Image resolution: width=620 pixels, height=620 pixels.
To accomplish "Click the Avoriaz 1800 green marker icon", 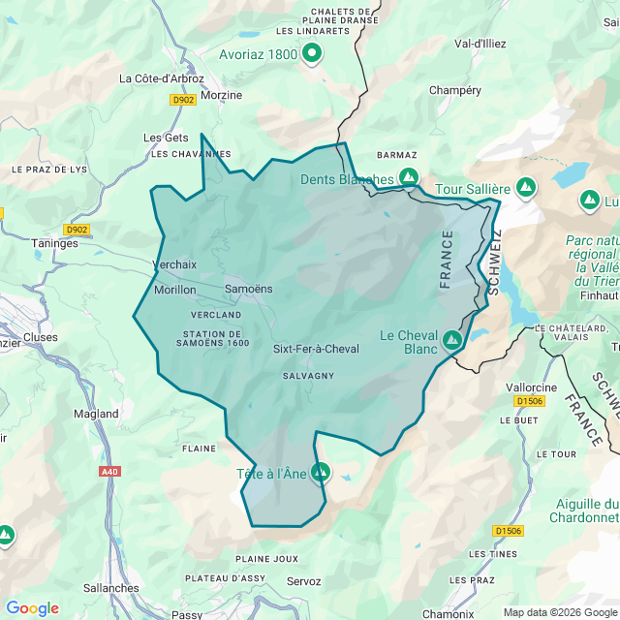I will pyautogui.click(x=312, y=54).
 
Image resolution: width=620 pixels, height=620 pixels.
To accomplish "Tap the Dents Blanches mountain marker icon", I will pyautogui.click(x=409, y=178).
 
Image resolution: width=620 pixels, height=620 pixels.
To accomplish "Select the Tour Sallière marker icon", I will pyautogui.click(x=526, y=187).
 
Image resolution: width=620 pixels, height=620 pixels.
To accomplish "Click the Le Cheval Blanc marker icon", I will pyautogui.click(x=452, y=340).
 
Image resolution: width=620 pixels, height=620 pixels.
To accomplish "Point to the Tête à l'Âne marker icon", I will pyautogui.click(x=321, y=473).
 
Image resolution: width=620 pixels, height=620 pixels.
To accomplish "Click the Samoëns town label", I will pyautogui.click(x=249, y=289).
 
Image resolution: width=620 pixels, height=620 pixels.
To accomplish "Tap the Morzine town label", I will pyautogui.click(x=221, y=96).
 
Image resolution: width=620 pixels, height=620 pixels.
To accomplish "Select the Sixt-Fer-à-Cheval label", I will pyautogui.click(x=316, y=349).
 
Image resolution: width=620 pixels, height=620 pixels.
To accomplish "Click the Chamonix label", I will pyautogui.click(x=447, y=613).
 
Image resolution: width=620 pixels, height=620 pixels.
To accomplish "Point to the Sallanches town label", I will pyautogui.click(x=111, y=588).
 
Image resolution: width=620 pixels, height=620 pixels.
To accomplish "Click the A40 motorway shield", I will pyautogui.click(x=110, y=472).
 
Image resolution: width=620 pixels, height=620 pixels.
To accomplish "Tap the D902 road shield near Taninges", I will pyautogui.click(x=77, y=230).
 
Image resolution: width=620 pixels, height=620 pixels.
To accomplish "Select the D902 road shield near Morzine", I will pyautogui.click(x=182, y=100).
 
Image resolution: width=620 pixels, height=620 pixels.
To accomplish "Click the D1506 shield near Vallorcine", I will pyautogui.click(x=529, y=400).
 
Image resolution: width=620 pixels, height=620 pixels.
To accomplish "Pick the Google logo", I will pyautogui.click(x=32, y=608).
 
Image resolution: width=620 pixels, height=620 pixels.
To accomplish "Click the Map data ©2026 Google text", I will pyautogui.click(x=565, y=612).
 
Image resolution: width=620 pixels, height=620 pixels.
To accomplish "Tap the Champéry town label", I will pyautogui.click(x=455, y=90).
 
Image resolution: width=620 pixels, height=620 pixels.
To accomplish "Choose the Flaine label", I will pyautogui.click(x=199, y=449).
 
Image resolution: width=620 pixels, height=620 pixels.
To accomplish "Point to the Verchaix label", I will pyautogui.click(x=174, y=264).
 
